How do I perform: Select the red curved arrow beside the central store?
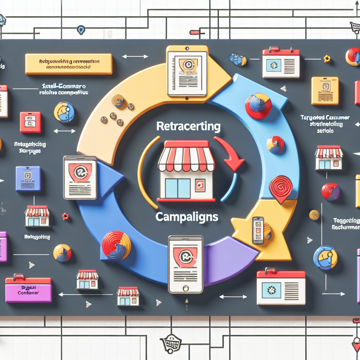click(230, 153)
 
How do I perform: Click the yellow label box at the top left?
click(69, 64)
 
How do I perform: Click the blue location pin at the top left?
click(81, 30)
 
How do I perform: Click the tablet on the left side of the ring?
click(80, 178)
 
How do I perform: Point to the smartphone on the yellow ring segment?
click(258, 230)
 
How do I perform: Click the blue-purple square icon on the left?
click(28, 179)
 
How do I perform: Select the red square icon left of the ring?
click(30, 122)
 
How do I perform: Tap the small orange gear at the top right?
click(327, 59)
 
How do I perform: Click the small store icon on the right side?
click(329, 158)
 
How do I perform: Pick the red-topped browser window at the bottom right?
click(281, 287)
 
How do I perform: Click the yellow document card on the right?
click(324, 91)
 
